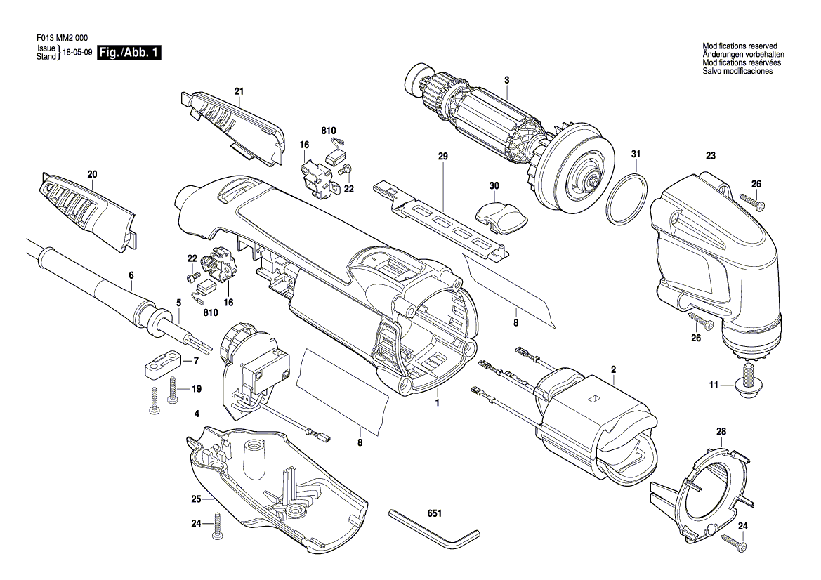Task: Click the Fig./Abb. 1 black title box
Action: (129, 53)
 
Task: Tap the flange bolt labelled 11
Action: (749, 382)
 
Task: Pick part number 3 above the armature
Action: (506, 79)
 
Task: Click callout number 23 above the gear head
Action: (710, 156)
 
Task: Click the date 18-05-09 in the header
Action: (78, 53)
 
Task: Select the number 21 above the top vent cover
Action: (239, 91)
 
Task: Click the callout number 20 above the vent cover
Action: (92, 174)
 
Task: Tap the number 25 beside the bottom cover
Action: (197, 499)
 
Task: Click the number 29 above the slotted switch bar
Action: (442, 159)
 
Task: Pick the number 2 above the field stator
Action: (613, 369)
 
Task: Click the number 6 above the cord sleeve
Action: (131, 275)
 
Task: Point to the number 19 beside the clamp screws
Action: (197, 389)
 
